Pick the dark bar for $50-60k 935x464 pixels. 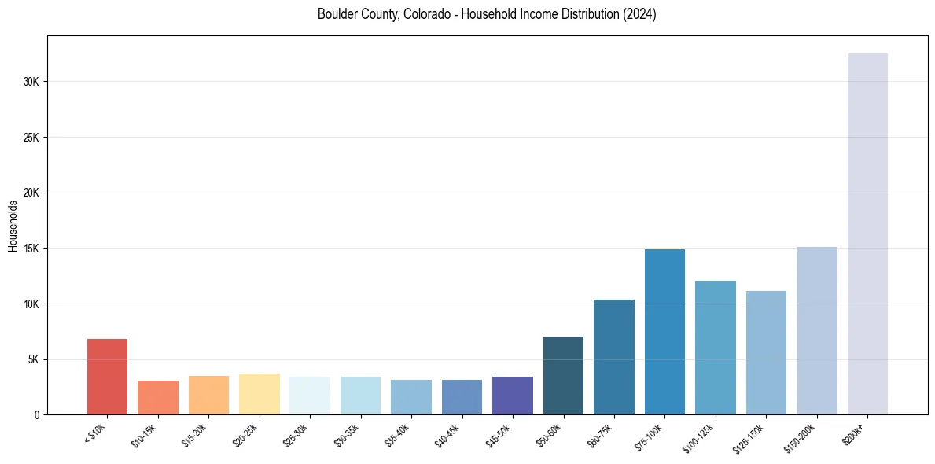[563, 375]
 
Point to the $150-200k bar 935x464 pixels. [816, 330]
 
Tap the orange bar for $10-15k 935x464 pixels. [158, 397]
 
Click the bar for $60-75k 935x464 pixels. [614, 357]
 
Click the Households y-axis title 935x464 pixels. [13, 226]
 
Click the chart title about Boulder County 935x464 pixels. [487, 14]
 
